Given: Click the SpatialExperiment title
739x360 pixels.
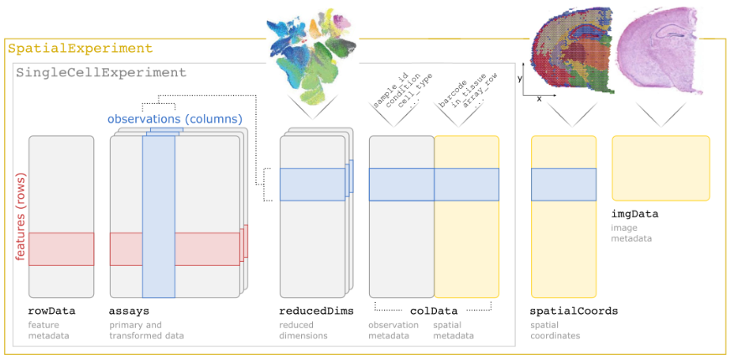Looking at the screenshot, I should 81,49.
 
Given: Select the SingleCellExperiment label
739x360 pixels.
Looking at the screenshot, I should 101,73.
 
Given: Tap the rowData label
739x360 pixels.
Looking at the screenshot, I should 52,311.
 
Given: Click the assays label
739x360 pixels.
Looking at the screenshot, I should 129,311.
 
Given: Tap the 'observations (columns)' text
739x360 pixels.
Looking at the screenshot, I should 174,119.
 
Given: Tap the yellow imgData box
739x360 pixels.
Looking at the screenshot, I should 661,168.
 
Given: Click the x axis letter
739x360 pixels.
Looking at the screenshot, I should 539,99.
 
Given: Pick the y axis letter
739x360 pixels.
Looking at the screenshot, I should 521,78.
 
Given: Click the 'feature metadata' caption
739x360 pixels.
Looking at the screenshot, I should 49,331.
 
